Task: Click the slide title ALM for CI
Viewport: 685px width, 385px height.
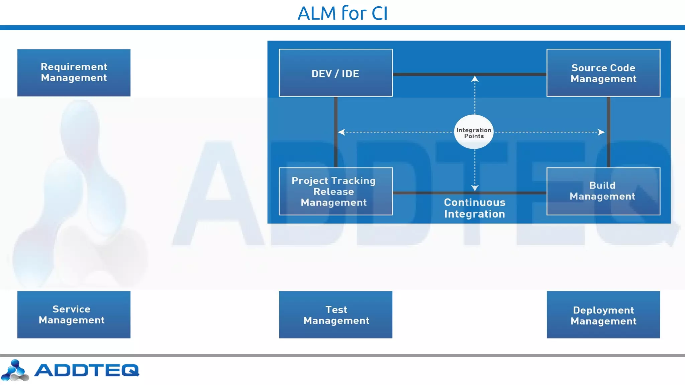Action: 342,13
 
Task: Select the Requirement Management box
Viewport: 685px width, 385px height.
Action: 74,73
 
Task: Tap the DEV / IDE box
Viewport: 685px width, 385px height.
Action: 335,73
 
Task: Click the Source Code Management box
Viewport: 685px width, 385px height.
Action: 603,73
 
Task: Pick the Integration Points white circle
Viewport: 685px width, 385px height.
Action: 474,132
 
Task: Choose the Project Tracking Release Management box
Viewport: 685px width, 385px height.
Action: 335,191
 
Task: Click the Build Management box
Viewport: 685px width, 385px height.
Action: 603,191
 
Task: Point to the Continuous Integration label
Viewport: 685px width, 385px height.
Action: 474,208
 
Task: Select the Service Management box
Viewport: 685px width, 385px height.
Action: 74,314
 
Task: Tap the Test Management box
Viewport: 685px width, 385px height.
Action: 335,314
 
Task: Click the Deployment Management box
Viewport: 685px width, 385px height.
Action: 603,314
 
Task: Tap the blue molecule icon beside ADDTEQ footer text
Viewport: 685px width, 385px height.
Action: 15,370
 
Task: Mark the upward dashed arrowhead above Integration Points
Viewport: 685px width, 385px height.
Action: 475,79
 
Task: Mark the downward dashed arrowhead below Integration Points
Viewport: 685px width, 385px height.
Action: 475,188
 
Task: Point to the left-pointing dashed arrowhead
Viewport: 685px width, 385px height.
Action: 341,132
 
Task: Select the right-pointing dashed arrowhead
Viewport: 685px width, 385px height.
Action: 601,132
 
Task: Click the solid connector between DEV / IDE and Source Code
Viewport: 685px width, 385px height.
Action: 435,74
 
